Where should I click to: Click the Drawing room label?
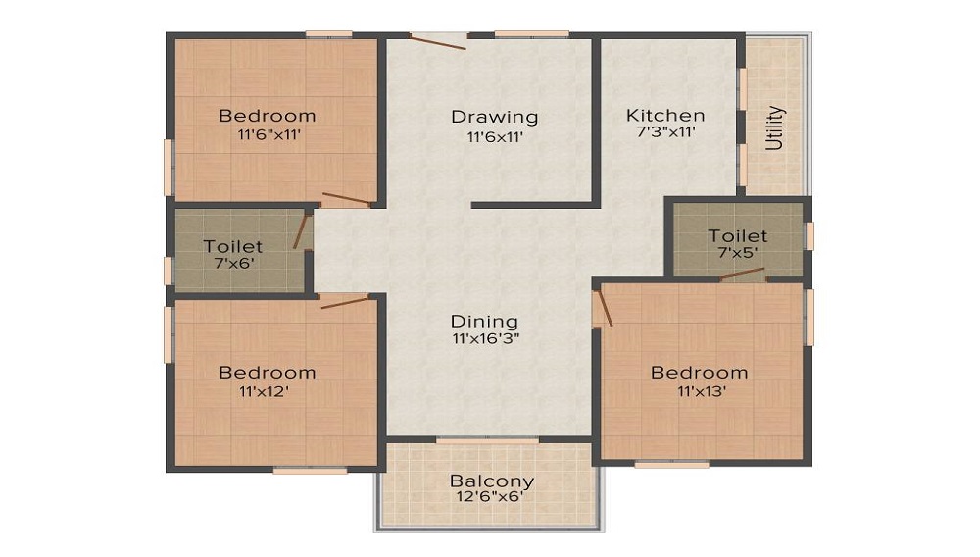pos(494,117)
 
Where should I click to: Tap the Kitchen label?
pos(665,115)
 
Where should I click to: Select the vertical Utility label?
pos(775,127)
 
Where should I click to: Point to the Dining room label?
pos(484,321)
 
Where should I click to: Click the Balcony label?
pos(492,481)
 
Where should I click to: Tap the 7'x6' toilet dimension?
pos(232,263)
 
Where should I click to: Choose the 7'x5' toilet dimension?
pos(738,254)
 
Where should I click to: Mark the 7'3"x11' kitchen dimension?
pos(665,133)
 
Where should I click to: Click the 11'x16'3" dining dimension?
pos(484,338)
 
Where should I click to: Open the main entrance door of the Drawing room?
pos(437,41)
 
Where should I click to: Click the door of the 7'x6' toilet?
pos(301,231)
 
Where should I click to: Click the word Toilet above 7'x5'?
pos(738,236)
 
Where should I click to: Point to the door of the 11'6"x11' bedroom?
pos(346,200)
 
